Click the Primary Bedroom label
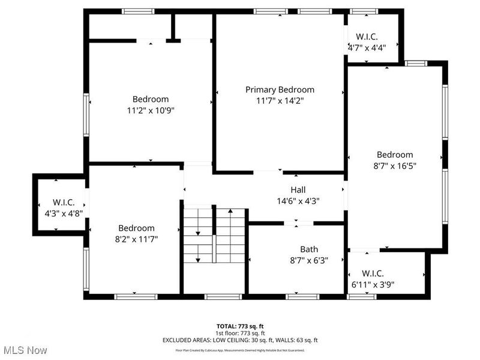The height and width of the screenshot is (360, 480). point(280,89)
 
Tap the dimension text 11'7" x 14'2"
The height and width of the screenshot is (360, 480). point(280,101)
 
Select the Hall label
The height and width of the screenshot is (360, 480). point(298,190)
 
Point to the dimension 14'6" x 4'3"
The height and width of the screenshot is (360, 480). point(298,201)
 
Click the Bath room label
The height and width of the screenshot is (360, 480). point(309,249)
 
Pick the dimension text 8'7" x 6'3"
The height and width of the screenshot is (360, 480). point(309,260)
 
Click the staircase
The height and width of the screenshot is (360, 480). point(214,236)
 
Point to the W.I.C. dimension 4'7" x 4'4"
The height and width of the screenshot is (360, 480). point(367,47)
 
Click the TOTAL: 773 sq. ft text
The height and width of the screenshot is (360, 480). point(240,325)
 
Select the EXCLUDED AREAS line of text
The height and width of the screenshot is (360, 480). point(240,340)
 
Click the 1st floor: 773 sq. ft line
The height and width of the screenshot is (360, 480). point(240,332)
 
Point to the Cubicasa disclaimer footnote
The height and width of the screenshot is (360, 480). point(240,350)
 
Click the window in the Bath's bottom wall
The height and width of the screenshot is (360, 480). point(298,296)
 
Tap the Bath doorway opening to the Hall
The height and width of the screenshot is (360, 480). point(298,223)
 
